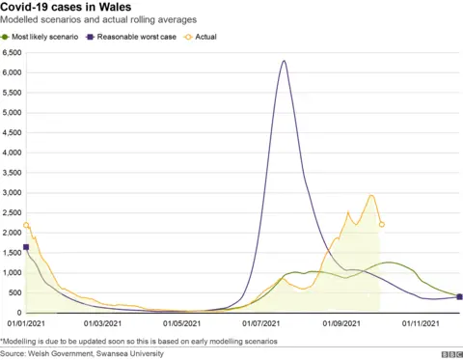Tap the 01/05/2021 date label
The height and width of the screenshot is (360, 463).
pyautogui.click(x=183, y=323)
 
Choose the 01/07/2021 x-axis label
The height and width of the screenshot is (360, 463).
pyautogui.click(x=262, y=323)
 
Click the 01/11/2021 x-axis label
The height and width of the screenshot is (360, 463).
pyautogui.click(x=420, y=323)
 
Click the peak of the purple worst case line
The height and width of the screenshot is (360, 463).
pyautogui.click(x=284, y=61)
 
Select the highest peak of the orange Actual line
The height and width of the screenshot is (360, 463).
pyautogui.click(x=371, y=196)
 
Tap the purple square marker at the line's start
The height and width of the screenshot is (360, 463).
pyautogui.click(x=26, y=247)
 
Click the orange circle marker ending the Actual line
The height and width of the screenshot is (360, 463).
pyautogui.click(x=383, y=225)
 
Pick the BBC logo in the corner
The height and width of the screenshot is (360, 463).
pyautogui.click(x=447, y=354)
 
